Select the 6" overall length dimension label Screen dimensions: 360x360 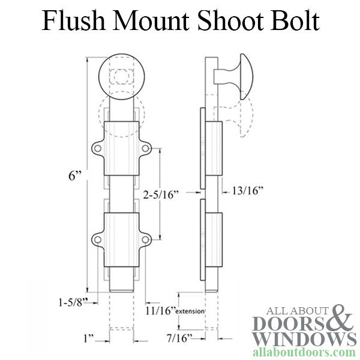[x=75, y=176]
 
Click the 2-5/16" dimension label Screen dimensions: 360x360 [x=161, y=194]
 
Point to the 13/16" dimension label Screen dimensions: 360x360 [x=247, y=191]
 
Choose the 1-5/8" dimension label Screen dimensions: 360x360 [x=73, y=302]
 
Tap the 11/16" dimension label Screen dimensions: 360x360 [x=161, y=311]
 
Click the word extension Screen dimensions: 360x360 [x=190, y=311]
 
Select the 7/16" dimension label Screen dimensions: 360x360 [x=179, y=338]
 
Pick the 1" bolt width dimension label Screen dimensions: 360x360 [x=89, y=338]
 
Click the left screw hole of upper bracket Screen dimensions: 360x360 [x=98, y=148]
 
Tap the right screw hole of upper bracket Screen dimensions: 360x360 [x=145, y=148]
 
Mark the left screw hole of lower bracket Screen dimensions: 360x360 [x=98, y=239]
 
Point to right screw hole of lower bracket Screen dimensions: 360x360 [x=145, y=239]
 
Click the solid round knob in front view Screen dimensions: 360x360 [x=122, y=77]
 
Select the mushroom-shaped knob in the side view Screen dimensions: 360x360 [x=234, y=77]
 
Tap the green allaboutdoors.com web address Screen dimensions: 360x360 [x=304, y=352]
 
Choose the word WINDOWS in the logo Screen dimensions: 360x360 [x=304, y=338]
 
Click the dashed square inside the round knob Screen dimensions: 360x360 [x=122, y=76]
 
